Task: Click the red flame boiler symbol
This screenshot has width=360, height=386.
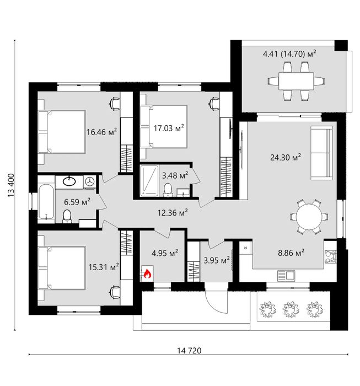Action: [x=147, y=274]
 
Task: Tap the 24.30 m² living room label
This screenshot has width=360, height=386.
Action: [x=286, y=157]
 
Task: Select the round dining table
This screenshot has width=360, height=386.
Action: [x=309, y=217]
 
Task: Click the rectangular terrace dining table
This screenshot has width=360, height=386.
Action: [x=296, y=81]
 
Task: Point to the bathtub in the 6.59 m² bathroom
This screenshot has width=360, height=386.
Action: [x=46, y=202]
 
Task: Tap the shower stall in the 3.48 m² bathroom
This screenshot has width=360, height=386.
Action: [x=149, y=181]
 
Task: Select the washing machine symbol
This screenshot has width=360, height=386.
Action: [x=90, y=182]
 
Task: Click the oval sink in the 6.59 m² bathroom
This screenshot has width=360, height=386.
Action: [x=69, y=181]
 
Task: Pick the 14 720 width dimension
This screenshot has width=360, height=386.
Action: [x=189, y=350]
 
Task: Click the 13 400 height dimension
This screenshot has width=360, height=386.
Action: [x=12, y=185]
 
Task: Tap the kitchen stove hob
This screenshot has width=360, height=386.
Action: [x=330, y=256]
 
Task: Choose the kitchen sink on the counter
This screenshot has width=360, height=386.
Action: [x=286, y=276]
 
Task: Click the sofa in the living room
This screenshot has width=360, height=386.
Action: [x=321, y=153]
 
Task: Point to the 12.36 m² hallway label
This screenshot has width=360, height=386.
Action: [x=173, y=212]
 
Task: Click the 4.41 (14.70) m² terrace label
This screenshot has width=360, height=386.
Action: [x=289, y=53]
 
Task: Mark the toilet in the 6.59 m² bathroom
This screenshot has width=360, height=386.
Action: [x=67, y=216]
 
